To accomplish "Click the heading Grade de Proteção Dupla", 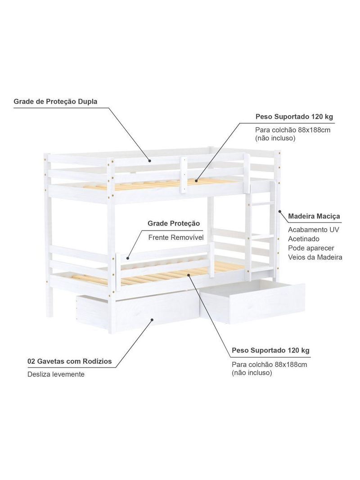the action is tap(55, 101).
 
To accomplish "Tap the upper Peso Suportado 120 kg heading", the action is tap(294, 117).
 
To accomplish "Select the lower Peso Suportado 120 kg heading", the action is tap(271, 350).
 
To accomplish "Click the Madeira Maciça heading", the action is tap(314, 217).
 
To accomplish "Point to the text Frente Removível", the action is tap(176, 238).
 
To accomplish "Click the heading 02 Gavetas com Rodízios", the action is tap(70, 361).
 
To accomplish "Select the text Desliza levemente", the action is tap(56, 374).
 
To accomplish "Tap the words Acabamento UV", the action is tap(314, 230).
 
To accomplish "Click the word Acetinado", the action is tap(304, 239).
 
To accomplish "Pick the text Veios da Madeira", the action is tap(315, 257).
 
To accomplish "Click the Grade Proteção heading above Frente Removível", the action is tap(174, 223).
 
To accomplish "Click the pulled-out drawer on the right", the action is tap(252, 301).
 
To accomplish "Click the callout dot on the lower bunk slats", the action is tap(189, 275).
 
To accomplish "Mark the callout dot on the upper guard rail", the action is tap(150, 160).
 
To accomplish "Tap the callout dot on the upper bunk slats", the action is tap(196, 181).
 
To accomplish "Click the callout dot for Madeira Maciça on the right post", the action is tap(279, 211).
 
